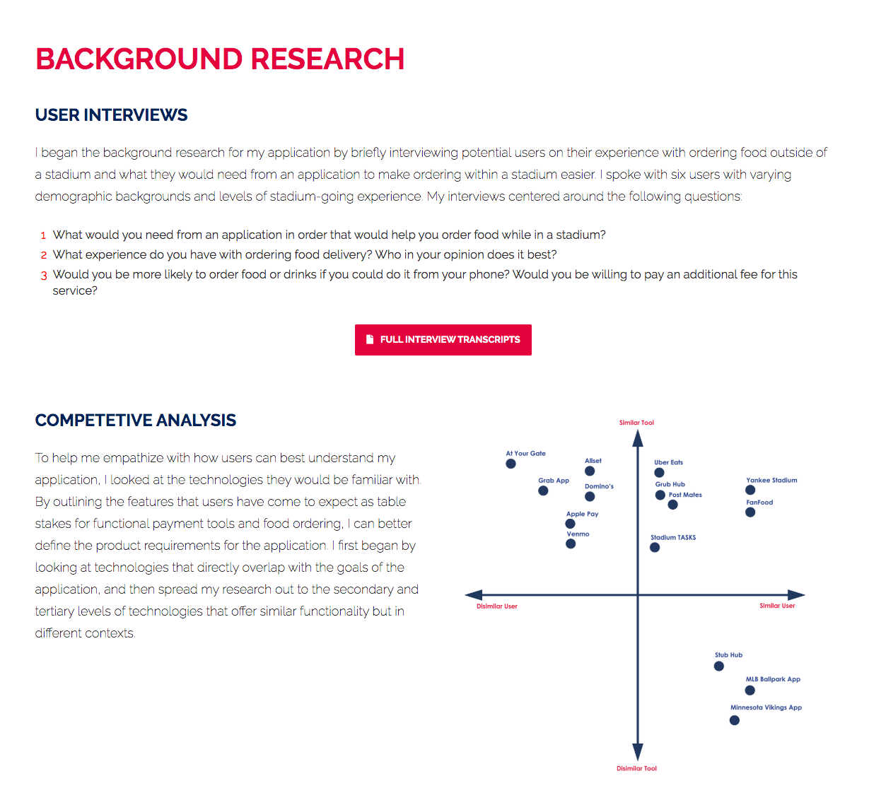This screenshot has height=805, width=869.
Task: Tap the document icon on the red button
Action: coord(369,340)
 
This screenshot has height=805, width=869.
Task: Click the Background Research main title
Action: coord(220,59)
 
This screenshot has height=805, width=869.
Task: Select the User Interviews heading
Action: coord(111,115)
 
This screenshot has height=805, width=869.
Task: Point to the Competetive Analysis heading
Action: coord(135,421)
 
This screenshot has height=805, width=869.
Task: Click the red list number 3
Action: coord(43,276)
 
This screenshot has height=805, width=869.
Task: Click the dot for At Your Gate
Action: coord(511,464)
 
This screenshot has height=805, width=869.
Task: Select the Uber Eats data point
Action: coord(659,473)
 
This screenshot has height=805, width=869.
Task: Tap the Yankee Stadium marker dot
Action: coord(750,490)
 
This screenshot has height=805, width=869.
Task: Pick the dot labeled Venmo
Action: coord(571,543)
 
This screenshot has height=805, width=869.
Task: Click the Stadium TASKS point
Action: coord(655,548)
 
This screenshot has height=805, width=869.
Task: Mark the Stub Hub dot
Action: coord(719,666)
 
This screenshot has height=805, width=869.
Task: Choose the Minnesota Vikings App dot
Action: coord(735,720)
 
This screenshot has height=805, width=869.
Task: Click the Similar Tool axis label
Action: coord(636,423)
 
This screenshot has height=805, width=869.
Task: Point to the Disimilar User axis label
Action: coord(496,606)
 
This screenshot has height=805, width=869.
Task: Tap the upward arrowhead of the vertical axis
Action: coord(638,439)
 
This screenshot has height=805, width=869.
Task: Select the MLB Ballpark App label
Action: coord(773,679)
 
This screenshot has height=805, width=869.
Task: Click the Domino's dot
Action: coord(590,497)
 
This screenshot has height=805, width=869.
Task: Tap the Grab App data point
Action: coord(543,490)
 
